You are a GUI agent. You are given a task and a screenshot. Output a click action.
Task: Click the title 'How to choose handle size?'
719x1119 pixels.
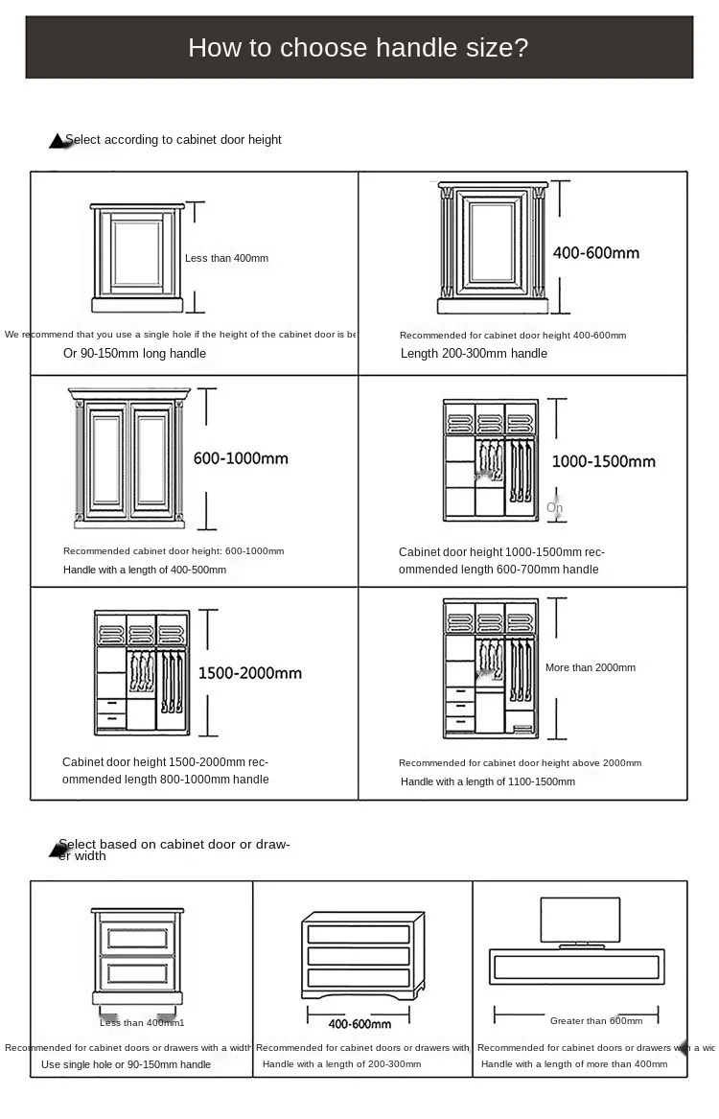358,47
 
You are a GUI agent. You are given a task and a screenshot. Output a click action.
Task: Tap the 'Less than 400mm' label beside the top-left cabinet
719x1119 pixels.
226,258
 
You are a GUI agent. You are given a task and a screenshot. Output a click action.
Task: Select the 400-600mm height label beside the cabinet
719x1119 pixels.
595,253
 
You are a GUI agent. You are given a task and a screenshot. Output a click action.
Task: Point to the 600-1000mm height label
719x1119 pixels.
241,458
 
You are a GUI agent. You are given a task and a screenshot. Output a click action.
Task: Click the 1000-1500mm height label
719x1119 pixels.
603,461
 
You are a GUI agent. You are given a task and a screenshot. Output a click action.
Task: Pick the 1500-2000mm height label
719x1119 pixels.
249,673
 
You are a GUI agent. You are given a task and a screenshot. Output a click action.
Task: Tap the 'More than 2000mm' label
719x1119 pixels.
590,667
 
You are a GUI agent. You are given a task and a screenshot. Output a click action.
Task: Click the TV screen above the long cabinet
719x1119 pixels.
580,920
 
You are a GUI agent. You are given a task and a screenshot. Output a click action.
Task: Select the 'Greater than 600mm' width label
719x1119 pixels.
595,1021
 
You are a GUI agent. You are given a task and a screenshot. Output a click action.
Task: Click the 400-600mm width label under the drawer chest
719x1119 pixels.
359,1024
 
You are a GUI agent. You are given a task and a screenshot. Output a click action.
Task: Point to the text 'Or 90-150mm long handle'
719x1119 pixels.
134,353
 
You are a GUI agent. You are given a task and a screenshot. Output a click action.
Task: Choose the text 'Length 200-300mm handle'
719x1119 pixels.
474,353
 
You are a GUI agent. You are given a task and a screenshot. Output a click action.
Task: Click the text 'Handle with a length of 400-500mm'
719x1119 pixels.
145,570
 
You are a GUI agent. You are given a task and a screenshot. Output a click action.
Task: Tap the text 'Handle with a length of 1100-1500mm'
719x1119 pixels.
487,781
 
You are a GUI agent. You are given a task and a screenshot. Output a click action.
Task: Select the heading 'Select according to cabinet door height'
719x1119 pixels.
173,140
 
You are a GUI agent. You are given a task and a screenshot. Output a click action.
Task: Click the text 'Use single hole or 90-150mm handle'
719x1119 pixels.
126,1064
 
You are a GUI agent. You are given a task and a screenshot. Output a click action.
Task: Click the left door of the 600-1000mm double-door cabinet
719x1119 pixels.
106,459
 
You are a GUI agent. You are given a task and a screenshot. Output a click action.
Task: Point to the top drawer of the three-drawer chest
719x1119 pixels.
359,934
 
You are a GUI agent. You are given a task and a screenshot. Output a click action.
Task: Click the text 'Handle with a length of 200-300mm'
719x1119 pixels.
341,1064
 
